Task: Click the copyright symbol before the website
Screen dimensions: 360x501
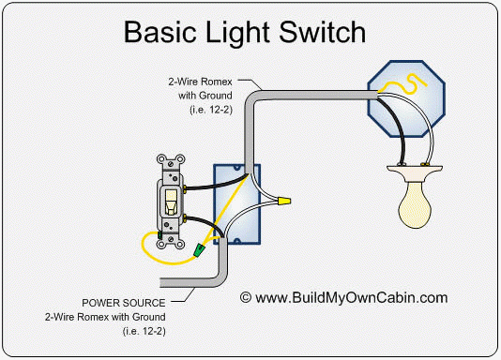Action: pyautogui.click(x=247, y=298)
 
